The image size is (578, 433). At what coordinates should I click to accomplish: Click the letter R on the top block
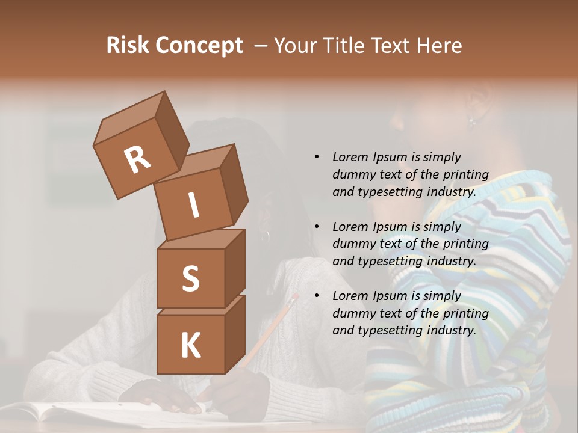138,159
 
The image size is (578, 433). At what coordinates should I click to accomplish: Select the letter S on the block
190,278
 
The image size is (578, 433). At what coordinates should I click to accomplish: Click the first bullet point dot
317,157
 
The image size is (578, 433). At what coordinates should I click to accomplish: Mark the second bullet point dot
317,227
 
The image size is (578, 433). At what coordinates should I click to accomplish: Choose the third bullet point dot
317,296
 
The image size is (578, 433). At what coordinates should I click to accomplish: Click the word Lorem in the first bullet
350,157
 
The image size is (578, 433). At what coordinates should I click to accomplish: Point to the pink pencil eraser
294,297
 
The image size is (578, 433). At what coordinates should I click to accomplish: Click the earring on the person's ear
472,121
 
